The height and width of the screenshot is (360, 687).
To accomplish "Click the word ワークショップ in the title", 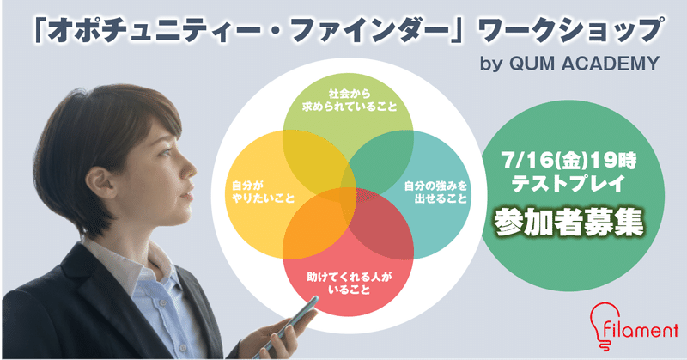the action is click(x=568, y=32).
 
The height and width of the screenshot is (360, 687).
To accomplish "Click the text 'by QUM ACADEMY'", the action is click(x=569, y=64).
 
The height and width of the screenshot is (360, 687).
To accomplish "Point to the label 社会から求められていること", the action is click(x=350, y=101).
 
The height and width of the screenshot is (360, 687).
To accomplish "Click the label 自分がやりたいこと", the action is click(x=263, y=192).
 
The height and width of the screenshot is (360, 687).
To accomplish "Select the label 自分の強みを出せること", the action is click(x=435, y=192).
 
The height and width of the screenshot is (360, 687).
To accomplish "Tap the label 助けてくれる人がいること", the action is click(x=350, y=284).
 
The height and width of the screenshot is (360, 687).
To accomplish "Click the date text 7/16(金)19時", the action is click(x=569, y=161).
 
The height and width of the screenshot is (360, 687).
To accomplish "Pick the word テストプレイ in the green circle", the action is click(x=569, y=183).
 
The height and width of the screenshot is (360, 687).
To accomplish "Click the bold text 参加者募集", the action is click(x=568, y=223).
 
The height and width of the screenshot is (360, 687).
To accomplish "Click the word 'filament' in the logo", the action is click(x=640, y=330).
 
